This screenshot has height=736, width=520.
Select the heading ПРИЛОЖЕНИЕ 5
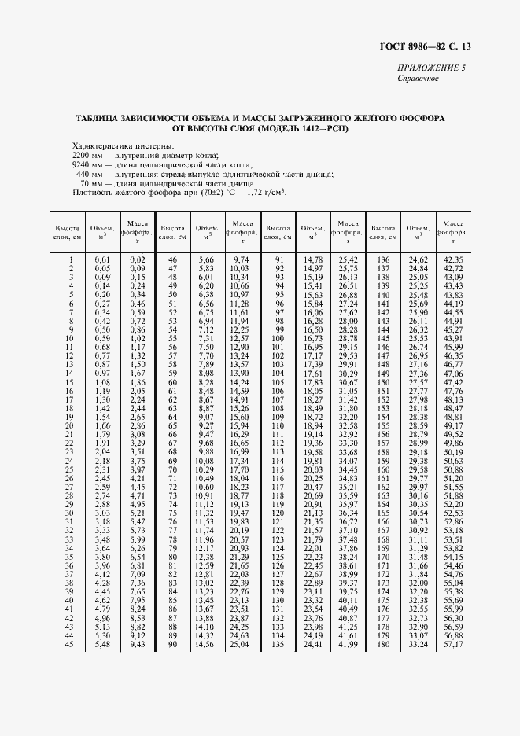click(431, 68)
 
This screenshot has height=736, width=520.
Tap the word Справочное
click(418, 79)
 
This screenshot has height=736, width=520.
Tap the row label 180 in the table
click(384, 645)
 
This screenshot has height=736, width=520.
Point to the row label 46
click(172, 259)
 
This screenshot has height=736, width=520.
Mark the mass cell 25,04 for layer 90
click(238, 645)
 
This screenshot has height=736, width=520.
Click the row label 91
click(278, 259)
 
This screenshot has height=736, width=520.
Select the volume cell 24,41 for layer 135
click(312, 645)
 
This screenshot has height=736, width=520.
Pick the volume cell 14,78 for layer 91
click(312, 259)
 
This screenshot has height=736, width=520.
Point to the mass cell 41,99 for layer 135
click(348, 645)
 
